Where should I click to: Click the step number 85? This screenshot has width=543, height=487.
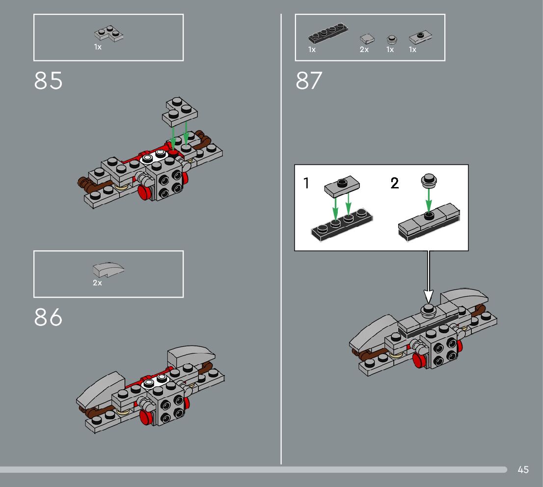click(x=49, y=81)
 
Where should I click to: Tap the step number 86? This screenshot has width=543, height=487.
click(x=49, y=318)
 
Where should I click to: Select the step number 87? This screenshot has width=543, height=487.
click(x=309, y=81)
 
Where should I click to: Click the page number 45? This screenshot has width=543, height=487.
click(x=523, y=470)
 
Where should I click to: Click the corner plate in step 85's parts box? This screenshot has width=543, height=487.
click(x=109, y=34)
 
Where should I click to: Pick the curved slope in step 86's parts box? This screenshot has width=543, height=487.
click(x=108, y=270)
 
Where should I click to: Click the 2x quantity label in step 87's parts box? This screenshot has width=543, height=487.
click(x=364, y=50)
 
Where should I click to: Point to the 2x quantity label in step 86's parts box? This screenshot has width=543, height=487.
click(x=97, y=283)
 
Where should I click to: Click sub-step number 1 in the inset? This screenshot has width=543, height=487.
click(x=307, y=184)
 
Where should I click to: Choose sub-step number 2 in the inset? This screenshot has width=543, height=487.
click(x=395, y=184)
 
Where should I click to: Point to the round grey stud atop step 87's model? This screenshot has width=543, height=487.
click(x=428, y=309)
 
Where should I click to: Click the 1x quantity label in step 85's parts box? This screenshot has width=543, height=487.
click(x=98, y=47)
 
